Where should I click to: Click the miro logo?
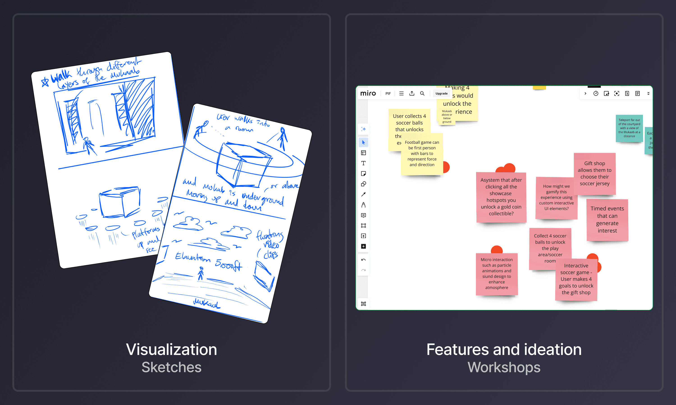368,93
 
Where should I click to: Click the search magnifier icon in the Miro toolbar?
422,93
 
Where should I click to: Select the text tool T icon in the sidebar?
363,163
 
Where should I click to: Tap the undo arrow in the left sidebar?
363,260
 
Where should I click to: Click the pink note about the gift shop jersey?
595,173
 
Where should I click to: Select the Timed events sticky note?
607,219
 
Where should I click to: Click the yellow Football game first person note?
422,154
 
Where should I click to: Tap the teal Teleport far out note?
629,128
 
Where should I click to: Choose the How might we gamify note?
556,197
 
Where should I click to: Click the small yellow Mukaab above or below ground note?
447,117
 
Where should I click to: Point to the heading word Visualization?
171,349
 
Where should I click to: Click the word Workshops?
504,367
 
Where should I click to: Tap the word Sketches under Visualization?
171,367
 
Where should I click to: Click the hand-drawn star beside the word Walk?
45,82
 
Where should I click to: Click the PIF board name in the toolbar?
388,93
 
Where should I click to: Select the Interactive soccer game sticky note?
576,279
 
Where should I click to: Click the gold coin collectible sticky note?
501,197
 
